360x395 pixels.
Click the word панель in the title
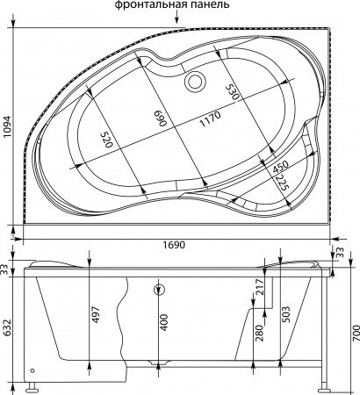pos(208,6)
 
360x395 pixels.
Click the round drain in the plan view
pos(194,83)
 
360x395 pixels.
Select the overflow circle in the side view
pos(159,291)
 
